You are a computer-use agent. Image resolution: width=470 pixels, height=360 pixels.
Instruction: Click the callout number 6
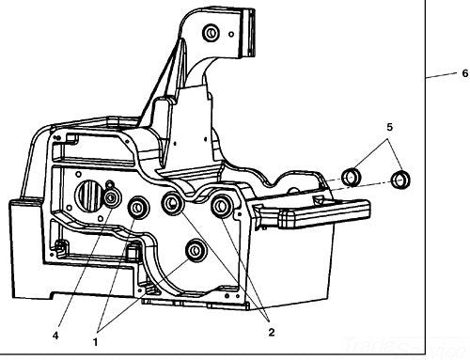[x=463, y=72]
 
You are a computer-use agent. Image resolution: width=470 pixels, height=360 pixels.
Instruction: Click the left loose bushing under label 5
[x=352, y=175]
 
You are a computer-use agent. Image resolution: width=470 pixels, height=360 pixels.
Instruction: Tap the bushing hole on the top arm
[x=211, y=35]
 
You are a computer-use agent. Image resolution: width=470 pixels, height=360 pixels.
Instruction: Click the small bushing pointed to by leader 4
[x=112, y=197]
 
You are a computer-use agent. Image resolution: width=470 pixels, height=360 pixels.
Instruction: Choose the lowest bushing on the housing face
[x=197, y=251]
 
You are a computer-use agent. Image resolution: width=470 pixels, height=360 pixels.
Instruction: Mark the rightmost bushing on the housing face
[x=224, y=206]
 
